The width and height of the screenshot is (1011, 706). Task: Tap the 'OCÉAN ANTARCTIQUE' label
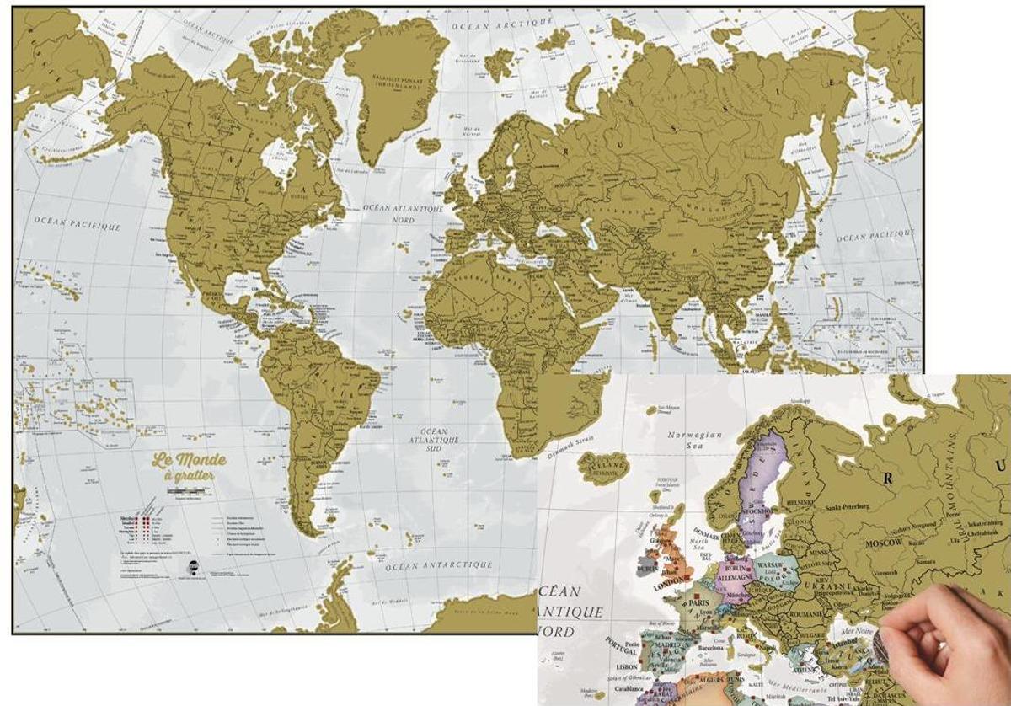point(438,566)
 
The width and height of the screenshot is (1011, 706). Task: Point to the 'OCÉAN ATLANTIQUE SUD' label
point(434,434)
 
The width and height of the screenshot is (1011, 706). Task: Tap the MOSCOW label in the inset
point(882,543)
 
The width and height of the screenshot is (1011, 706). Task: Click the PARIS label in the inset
point(696,604)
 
